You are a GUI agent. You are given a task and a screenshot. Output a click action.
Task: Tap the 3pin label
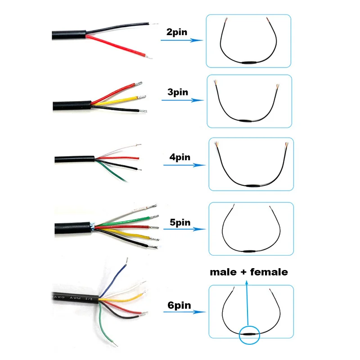point(178,92)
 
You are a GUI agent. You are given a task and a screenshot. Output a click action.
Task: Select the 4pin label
point(180,157)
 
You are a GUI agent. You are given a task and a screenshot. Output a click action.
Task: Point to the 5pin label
point(180,222)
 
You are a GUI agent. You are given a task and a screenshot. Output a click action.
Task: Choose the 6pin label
point(179,306)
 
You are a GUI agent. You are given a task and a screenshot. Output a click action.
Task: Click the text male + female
point(248,272)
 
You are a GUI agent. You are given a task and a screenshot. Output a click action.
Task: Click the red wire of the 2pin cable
point(117,45)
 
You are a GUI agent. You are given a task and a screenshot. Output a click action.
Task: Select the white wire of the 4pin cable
point(115,152)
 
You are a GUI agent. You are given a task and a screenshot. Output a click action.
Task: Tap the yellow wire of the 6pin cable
point(121,299)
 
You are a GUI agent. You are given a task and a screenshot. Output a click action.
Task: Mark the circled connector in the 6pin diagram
point(249,334)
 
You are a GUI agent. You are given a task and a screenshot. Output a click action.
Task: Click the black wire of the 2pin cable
point(117,27)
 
